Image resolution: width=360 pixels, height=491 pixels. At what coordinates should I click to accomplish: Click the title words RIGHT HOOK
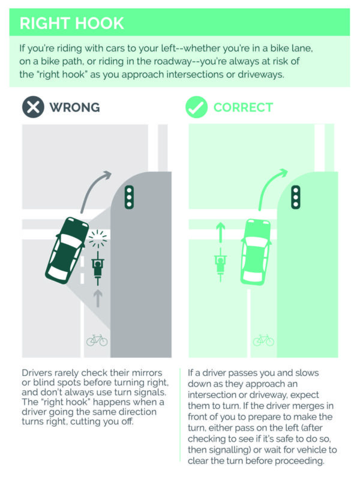(71, 23)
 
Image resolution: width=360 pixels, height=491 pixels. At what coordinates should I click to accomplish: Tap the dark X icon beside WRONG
(33, 107)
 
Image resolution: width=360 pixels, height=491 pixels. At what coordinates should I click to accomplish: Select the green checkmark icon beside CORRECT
(196, 107)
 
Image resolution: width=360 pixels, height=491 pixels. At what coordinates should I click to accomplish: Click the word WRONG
(74, 107)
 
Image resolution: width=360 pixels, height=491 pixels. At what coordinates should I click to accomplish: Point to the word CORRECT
(243, 107)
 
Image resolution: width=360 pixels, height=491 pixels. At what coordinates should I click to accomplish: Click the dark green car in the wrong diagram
(67, 250)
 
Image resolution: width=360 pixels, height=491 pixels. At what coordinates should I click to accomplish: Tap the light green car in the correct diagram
(256, 252)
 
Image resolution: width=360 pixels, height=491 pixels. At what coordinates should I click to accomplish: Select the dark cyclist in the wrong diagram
(98, 268)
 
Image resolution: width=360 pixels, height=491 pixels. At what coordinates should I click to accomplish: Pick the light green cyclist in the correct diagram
(220, 265)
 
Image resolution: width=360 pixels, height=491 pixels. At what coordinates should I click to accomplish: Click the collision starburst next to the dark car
(98, 239)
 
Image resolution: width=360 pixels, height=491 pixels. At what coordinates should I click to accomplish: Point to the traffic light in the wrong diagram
(129, 197)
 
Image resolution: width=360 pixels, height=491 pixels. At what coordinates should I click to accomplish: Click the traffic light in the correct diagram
(296, 197)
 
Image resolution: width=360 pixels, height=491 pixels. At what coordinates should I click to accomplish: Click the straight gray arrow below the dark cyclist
(98, 298)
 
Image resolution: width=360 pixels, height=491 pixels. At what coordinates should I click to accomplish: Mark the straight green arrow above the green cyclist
(220, 232)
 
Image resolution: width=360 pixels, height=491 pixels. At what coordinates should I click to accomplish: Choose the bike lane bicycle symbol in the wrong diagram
(97, 340)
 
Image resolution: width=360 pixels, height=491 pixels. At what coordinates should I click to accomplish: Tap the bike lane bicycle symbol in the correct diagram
(263, 340)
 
